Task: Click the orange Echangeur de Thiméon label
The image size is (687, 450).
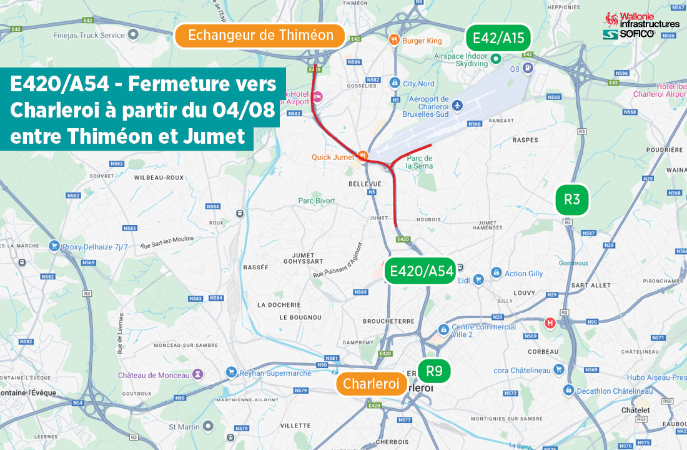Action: tap(260, 36)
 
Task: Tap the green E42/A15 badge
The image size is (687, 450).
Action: tap(498, 39)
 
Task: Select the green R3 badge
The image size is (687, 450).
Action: tap(572, 200)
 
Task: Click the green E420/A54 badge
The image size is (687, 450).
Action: tap(421, 271)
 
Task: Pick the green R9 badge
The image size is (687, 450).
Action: tap(434, 371)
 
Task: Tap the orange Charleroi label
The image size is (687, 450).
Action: tap(371, 384)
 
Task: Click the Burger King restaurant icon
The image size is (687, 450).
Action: tap(394, 41)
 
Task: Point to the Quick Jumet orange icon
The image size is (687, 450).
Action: tap(363, 156)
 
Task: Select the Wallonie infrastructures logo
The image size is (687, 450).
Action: tap(641, 26)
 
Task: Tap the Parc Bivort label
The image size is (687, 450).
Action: tap(316, 201)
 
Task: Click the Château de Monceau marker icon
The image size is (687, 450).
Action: tap(199, 375)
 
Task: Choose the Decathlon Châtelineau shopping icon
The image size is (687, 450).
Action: tap(568, 390)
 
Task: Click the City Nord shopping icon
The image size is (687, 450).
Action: tap(394, 83)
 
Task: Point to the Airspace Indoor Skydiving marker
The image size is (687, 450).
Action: tap(496, 59)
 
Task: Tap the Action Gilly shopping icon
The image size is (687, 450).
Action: tap(496, 273)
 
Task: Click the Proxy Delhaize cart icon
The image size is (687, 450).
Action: tap(54, 246)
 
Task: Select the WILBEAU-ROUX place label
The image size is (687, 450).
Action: tap(159, 177)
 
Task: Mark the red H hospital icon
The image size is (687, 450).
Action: tap(550, 322)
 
